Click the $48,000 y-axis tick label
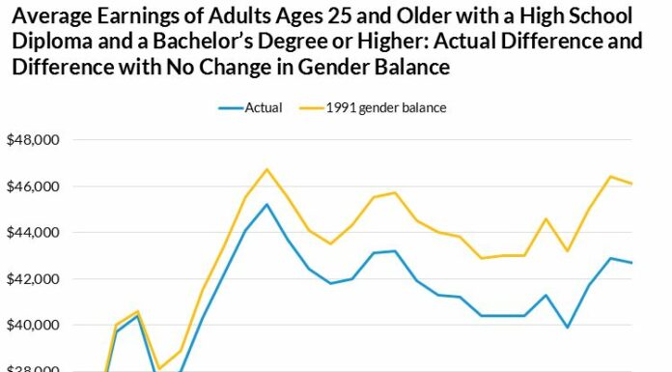(34, 140)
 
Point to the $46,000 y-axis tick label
(34, 186)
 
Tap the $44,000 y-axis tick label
(34, 233)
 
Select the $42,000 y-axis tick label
(34, 279)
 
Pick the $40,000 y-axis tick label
(34, 326)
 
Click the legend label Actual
(263, 107)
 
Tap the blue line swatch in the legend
(229, 107)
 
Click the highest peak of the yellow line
(266, 169)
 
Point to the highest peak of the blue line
(266, 205)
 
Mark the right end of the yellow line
(631, 184)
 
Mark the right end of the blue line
(631, 263)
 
